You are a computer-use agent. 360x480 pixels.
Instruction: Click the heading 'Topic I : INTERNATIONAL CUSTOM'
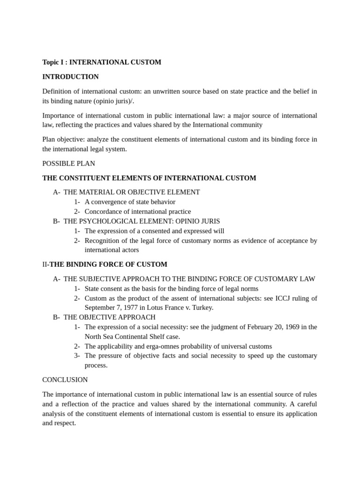tap(102, 62)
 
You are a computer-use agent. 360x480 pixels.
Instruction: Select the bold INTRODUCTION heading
tap(70, 76)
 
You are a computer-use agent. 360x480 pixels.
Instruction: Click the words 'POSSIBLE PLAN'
tap(68, 164)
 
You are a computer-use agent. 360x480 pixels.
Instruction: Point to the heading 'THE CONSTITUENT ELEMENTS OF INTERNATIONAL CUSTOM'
tap(149, 178)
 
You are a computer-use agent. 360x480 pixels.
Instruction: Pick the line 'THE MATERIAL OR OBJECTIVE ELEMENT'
tap(132, 192)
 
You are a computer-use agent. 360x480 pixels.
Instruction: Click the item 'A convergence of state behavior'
tap(130, 202)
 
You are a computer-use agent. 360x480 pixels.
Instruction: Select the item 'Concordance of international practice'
tap(138, 211)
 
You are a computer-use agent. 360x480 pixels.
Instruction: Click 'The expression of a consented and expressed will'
tap(154, 231)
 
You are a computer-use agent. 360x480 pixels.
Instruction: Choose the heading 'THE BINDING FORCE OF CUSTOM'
tap(108, 264)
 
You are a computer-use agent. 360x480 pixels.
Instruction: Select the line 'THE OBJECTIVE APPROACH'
tap(109, 317)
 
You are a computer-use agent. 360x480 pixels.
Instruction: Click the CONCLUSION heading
tap(65, 379)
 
